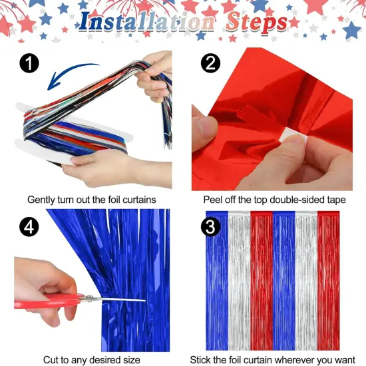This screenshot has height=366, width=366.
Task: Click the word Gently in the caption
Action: point(42,199)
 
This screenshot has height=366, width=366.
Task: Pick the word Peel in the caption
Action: point(214,199)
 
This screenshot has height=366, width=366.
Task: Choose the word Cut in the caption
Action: point(52,359)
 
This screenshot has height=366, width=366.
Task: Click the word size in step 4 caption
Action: point(129,359)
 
